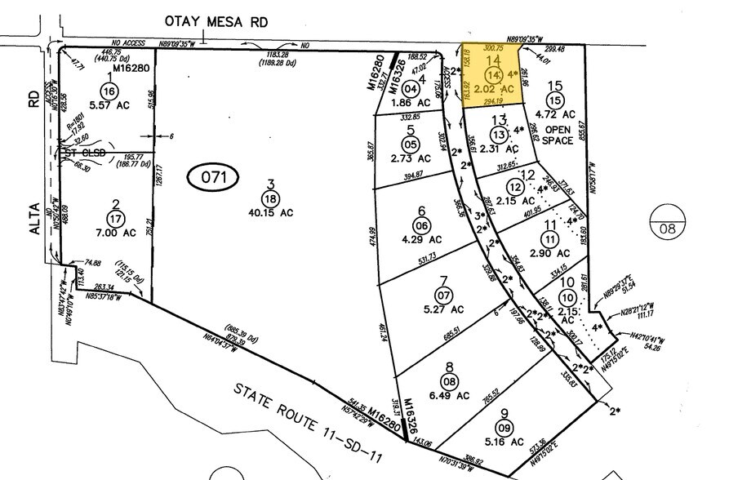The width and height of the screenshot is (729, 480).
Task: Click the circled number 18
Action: point(269,198)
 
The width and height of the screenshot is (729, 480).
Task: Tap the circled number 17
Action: point(115,218)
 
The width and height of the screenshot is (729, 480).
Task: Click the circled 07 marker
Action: point(444,294)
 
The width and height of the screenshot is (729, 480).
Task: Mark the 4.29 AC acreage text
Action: point(422,240)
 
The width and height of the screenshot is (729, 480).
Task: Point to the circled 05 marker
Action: point(411,144)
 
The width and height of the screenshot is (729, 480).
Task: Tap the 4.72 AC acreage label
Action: point(556,114)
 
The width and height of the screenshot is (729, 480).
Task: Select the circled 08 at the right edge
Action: point(669,229)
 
